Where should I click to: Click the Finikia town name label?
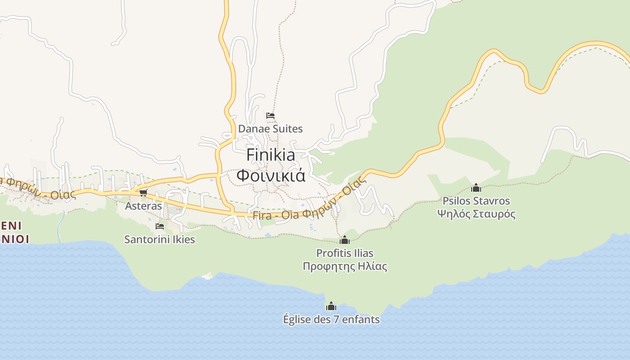click(271, 155)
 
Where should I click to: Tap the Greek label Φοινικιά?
click(271, 175)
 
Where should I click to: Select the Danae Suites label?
click(270, 129)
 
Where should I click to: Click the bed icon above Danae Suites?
click(270, 116)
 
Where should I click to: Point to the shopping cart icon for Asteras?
click(143, 193)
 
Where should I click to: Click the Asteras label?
click(143, 206)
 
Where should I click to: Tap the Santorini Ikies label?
click(159, 239)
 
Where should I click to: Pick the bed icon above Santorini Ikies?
click(159, 226)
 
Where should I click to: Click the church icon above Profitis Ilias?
click(345, 240)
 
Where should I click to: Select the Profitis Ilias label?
click(345, 253)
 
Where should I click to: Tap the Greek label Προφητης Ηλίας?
click(345, 266)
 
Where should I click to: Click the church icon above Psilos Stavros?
click(476, 188)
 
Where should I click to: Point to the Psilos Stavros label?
click(476, 201)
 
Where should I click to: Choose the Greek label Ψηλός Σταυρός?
click(476, 214)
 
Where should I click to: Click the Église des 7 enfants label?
click(331, 319)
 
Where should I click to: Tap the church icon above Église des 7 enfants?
click(331, 306)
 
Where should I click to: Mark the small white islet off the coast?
click(207, 276)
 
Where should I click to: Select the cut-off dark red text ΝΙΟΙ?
click(14, 238)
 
